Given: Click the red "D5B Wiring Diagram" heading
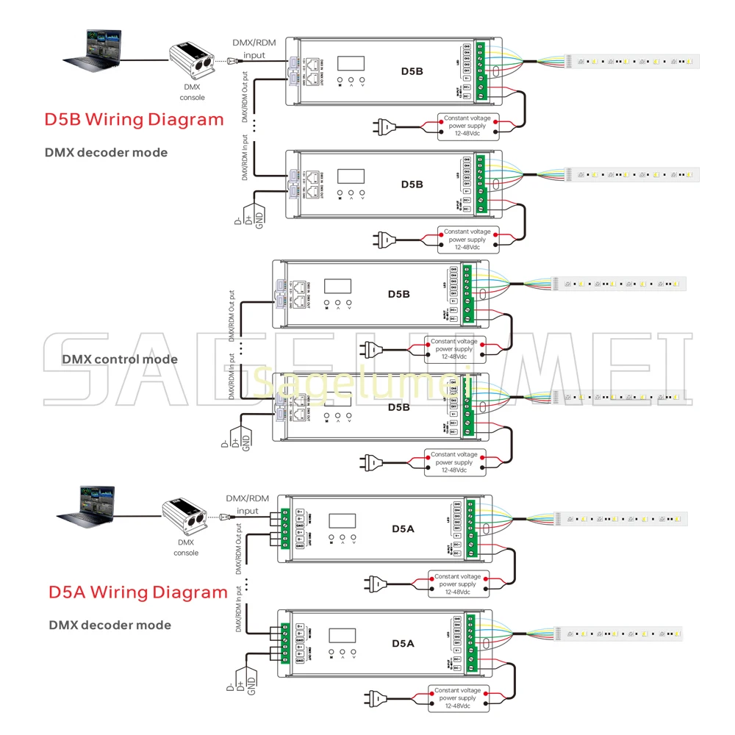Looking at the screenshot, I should [x=134, y=119].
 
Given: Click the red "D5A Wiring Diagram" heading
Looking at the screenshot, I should [x=138, y=592].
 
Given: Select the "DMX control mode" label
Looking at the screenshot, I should [x=120, y=359].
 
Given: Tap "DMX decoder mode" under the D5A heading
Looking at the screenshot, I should [x=110, y=625].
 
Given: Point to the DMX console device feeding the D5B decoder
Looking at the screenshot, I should [x=193, y=63].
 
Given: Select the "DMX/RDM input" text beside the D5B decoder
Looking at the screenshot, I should [x=254, y=49].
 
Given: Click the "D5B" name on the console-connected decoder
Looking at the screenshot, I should [x=412, y=71].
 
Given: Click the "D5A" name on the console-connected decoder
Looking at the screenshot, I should [x=403, y=528].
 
